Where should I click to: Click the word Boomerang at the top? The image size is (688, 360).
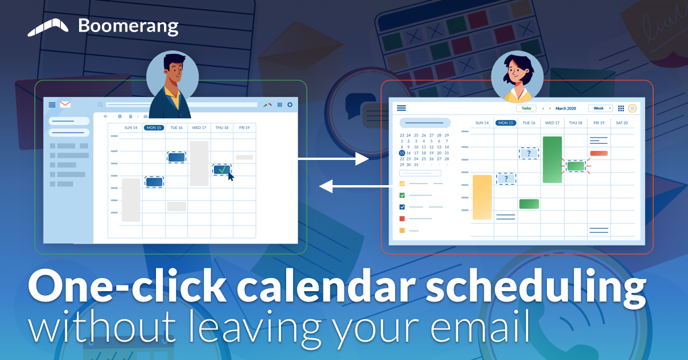(x=128, y=26)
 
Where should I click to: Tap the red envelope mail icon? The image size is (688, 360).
(x=65, y=104)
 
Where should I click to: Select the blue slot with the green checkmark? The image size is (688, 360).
(x=222, y=170)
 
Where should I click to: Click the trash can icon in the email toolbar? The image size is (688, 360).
(x=131, y=116)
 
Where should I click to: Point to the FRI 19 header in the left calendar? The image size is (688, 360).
(x=244, y=128)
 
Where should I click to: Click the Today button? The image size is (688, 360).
(x=526, y=108)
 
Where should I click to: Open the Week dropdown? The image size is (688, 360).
(x=600, y=108)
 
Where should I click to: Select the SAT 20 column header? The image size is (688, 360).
(x=621, y=123)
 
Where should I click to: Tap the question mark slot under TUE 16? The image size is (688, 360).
(x=529, y=153)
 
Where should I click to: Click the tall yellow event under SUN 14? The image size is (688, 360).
(x=482, y=197)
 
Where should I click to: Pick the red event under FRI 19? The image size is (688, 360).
(x=599, y=153)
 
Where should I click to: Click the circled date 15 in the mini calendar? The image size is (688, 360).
(x=402, y=153)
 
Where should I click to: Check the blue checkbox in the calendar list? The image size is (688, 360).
(x=402, y=207)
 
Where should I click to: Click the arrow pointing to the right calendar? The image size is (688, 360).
(x=333, y=159)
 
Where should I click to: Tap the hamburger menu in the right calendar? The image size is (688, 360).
(x=401, y=108)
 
